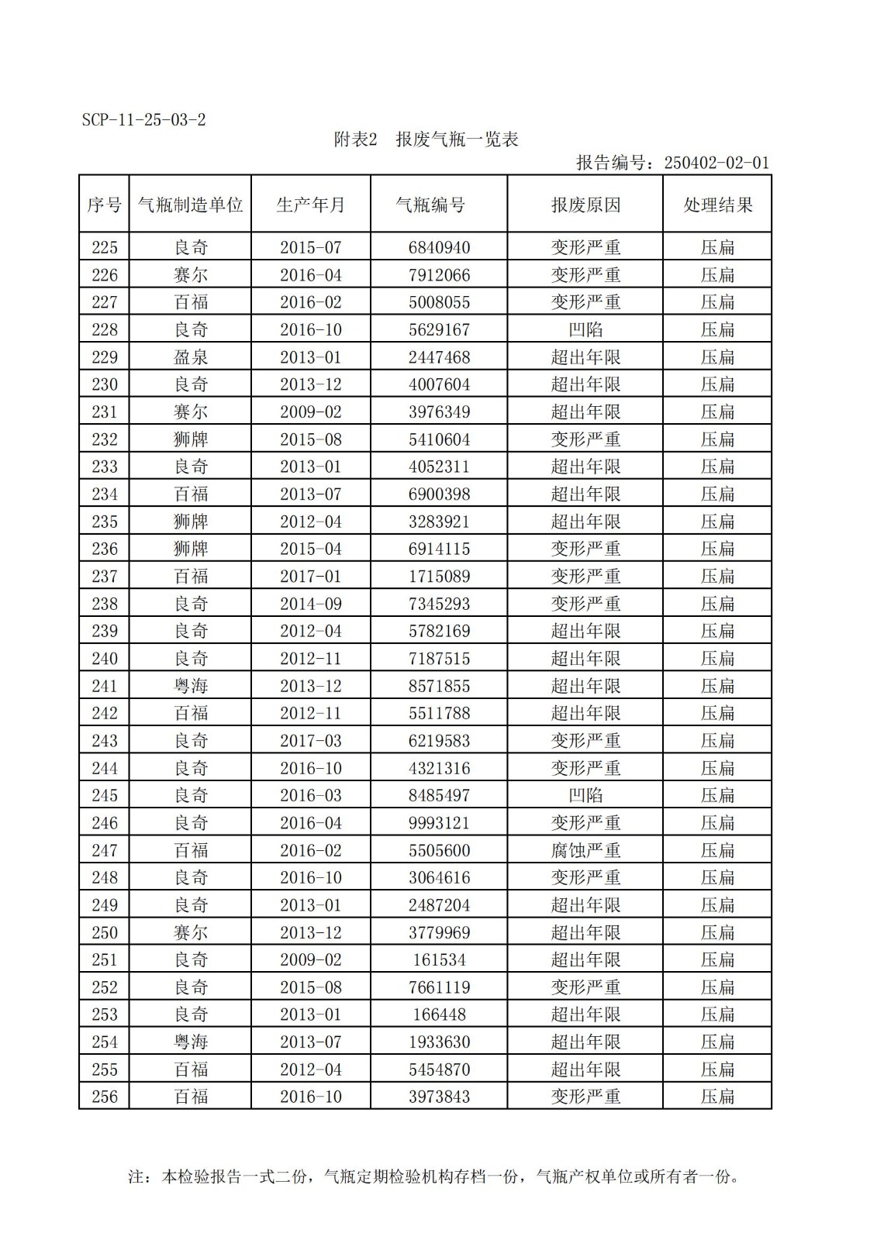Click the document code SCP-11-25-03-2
coord(143,120)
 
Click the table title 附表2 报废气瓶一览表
coord(426,139)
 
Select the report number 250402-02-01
coord(716,163)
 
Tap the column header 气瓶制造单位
coord(190,205)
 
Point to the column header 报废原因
coord(585,205)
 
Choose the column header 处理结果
coord(717,205)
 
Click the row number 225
coord(105,247)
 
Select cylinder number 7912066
coord(439,275)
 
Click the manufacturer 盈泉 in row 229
coord(191,357)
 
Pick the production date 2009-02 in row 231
coord(310,412)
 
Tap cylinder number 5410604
coord(439,439)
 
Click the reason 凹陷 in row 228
coord(585,330)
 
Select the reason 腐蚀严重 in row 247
coord(585,850)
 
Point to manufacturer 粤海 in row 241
coord(191,686)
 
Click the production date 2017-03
coord(310,741)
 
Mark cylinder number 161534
coord(439,960)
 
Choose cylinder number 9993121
coord(439,823)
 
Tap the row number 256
coord(105,1097)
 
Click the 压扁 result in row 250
coord(717,932)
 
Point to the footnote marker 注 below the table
coord(136,1177)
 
